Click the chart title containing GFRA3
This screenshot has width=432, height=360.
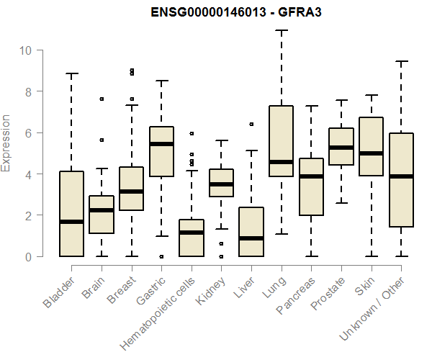pos(236,12)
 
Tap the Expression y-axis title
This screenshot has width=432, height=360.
pos(5,143)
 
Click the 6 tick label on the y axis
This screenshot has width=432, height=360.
pos(28,133)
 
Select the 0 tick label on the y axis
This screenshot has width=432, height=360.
pos(28,257)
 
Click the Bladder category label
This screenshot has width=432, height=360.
pos(59,292)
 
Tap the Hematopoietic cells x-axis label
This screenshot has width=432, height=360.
pos(158,314)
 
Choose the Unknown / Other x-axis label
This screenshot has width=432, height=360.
pos(372,308)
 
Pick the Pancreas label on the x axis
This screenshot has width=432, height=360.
pos(295,295)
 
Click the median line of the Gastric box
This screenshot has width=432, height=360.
pos(161,144)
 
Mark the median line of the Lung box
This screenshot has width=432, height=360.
pos(282,162)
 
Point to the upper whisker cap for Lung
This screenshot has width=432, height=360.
pos(282,30)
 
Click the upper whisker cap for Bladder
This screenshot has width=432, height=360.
pos(71,73)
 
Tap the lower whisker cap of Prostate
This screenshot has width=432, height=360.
pos(341,203)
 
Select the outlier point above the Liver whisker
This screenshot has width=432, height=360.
pos(251,125)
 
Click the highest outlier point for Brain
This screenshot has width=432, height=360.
pos(102,99)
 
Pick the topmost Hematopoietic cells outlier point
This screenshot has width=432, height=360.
pos(192,134)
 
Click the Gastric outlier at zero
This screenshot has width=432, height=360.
pos(161,257)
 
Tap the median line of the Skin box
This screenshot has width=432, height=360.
pos(371,153)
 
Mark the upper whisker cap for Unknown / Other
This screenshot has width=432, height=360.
pos(402,61)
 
